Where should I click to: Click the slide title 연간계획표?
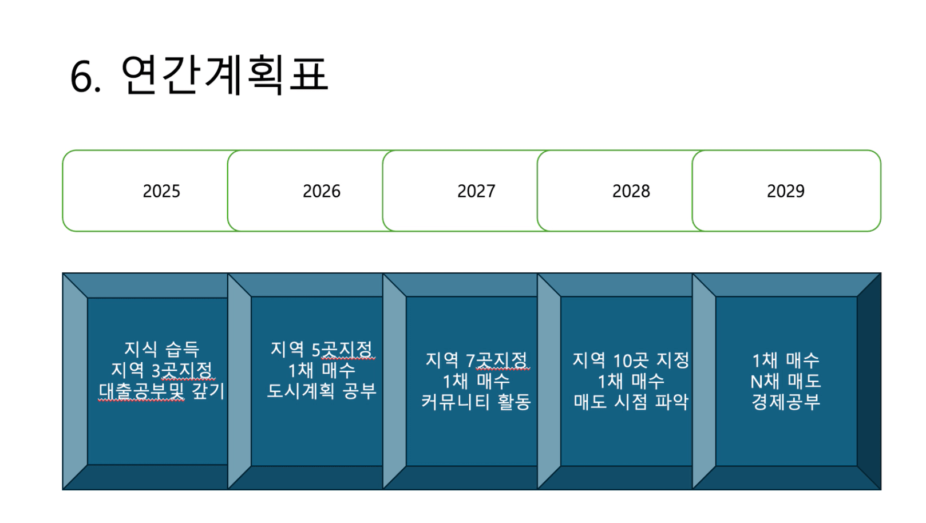click(x=224, y=75)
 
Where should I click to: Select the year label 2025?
click(x=161, y=191)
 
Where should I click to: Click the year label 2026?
click(x=322, y=191)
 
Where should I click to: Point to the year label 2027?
click(x=476, y=191)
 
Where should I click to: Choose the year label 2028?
click(x=631, y=191)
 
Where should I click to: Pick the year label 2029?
click(x=786, y=191)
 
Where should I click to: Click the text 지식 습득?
click(x=162, y=349)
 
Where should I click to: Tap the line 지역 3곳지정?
click(x=162, y=370)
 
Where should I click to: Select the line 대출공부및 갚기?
click(x=162, y=391)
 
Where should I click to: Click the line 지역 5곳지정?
click(x=322, y=349)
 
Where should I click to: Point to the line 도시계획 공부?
click(x=322, y=391)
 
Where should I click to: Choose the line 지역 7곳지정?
click(x=476, y=360)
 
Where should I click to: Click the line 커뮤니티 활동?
click(x=476, y=402)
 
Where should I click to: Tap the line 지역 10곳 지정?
click(x=631, y=360)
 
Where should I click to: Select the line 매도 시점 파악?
click(x=631, y=402)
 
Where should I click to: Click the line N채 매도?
click(x=786, y=381)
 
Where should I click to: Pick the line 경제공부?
click(x=786, y=402)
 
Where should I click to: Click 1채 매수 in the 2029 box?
click(x=786, y=360)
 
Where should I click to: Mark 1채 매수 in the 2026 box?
click(x=322, y=370)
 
